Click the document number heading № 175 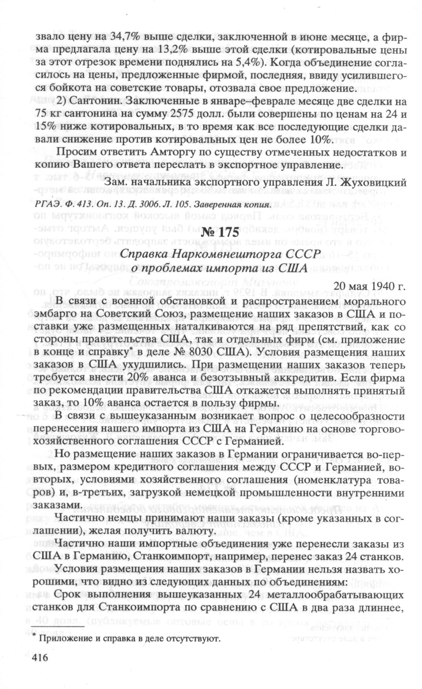pyautogui.click(x=220, y=233)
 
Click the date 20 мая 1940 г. pyautogui.click(x=369, y=286)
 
